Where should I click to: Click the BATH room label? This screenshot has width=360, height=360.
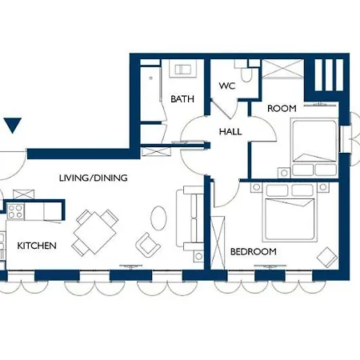coord(182,99)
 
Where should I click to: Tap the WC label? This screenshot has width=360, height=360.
coord(227,86)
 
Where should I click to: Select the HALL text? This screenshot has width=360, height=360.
coord(230,131)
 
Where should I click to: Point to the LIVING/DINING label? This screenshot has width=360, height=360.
coord(94,178)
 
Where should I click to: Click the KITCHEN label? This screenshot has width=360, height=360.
coord(37,246)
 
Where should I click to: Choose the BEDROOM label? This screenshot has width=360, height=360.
coord(254,251)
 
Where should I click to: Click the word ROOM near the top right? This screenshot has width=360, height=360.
coord(282,109)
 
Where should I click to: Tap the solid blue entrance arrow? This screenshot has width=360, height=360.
coord(13,126)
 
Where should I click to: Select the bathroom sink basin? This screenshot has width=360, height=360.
coord(183,70)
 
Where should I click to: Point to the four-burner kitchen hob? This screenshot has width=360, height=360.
coord(15,211)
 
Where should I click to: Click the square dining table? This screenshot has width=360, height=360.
coord(95,232)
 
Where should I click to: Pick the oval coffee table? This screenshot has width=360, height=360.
coord(158,218)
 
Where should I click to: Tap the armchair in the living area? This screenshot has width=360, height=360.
coord(148,245)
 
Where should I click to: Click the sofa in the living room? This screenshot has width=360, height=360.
coord(190,218)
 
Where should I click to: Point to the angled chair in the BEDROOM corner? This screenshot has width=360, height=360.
coord(327,257)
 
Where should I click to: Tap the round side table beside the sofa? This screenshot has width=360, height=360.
coord(198,257)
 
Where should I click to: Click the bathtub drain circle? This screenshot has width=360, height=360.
coord(151,78)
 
